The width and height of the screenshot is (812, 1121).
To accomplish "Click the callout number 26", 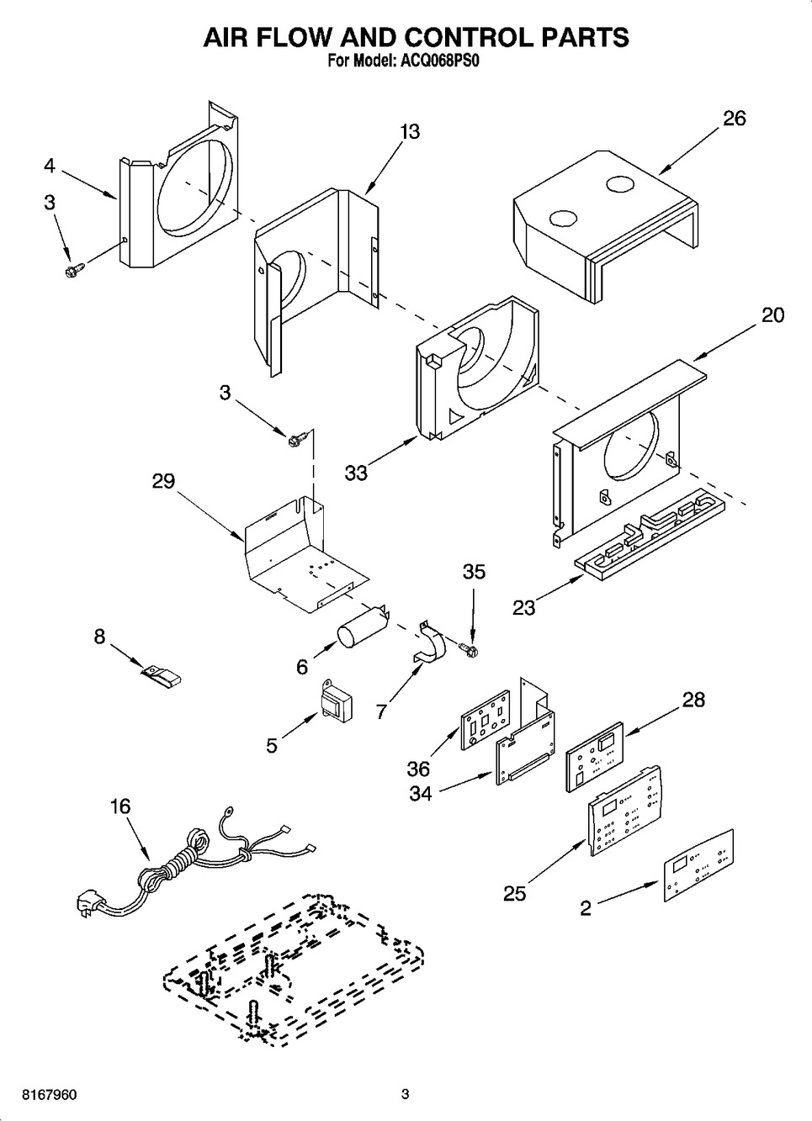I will coord(734,119).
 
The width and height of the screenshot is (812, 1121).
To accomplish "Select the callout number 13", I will coord(410,132).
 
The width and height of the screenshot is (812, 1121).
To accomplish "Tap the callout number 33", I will coord(356,473).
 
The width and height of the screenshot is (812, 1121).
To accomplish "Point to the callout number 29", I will coord(163,481).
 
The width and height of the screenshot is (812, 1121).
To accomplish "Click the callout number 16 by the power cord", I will coord(120,806).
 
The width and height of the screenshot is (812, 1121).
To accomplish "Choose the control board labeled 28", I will coord(594,755).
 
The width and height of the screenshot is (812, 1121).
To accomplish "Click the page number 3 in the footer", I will coord(405,1094).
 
